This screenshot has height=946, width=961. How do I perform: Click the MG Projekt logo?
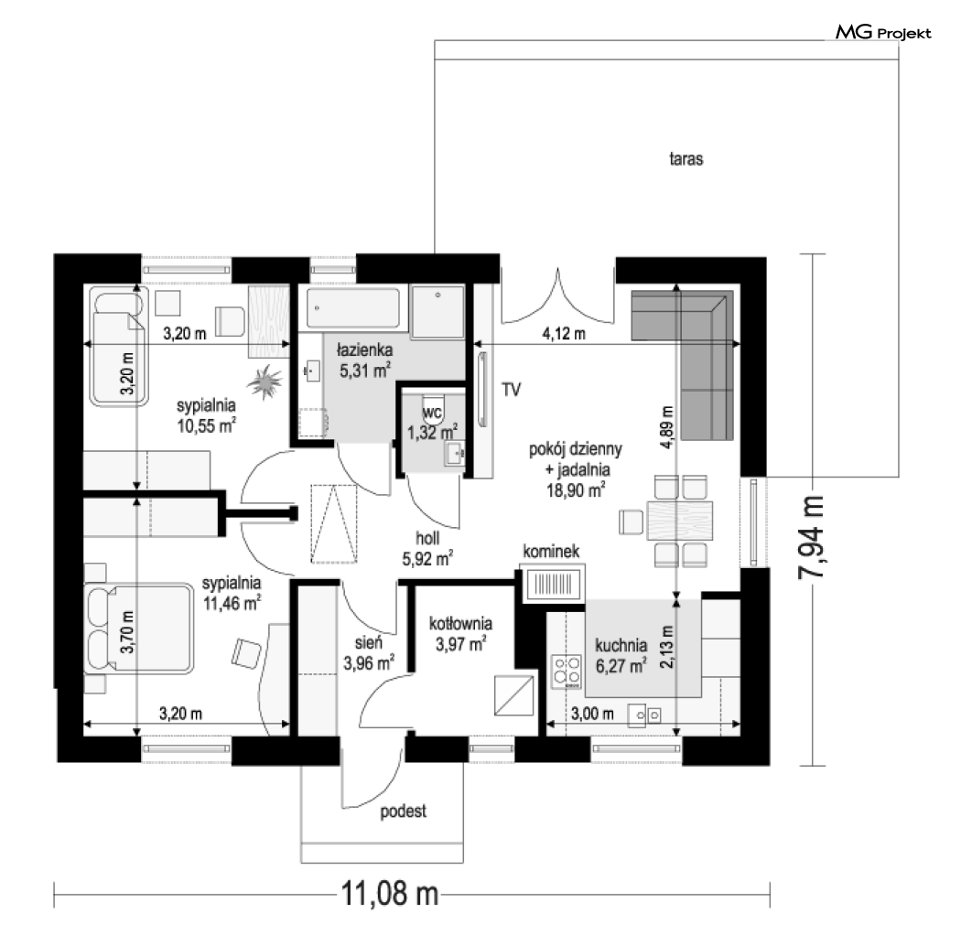(883, 32)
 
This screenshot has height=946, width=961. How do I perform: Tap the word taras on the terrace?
(686, 159)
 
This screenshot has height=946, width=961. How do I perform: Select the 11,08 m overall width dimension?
(390, 893)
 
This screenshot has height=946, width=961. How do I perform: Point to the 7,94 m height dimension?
(811, 537)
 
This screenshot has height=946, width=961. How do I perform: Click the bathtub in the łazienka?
(353, 308)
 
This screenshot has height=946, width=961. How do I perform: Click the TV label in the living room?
(511, 390)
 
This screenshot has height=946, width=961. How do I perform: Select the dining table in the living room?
(680, 521)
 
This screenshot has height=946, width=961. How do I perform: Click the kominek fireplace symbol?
(554, 584)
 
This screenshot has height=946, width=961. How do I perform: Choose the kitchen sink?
(644, 715)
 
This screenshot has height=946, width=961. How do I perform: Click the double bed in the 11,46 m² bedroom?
(139, 629)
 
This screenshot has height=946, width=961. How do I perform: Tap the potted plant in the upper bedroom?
(265, 382)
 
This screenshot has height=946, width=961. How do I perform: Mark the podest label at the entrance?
(403, 812)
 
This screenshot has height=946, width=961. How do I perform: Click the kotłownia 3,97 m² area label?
(460, 633)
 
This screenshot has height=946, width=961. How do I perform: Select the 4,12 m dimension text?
(563, 334)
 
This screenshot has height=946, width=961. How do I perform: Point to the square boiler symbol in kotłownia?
(514, 694)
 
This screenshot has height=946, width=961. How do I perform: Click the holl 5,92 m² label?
(427, 548)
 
